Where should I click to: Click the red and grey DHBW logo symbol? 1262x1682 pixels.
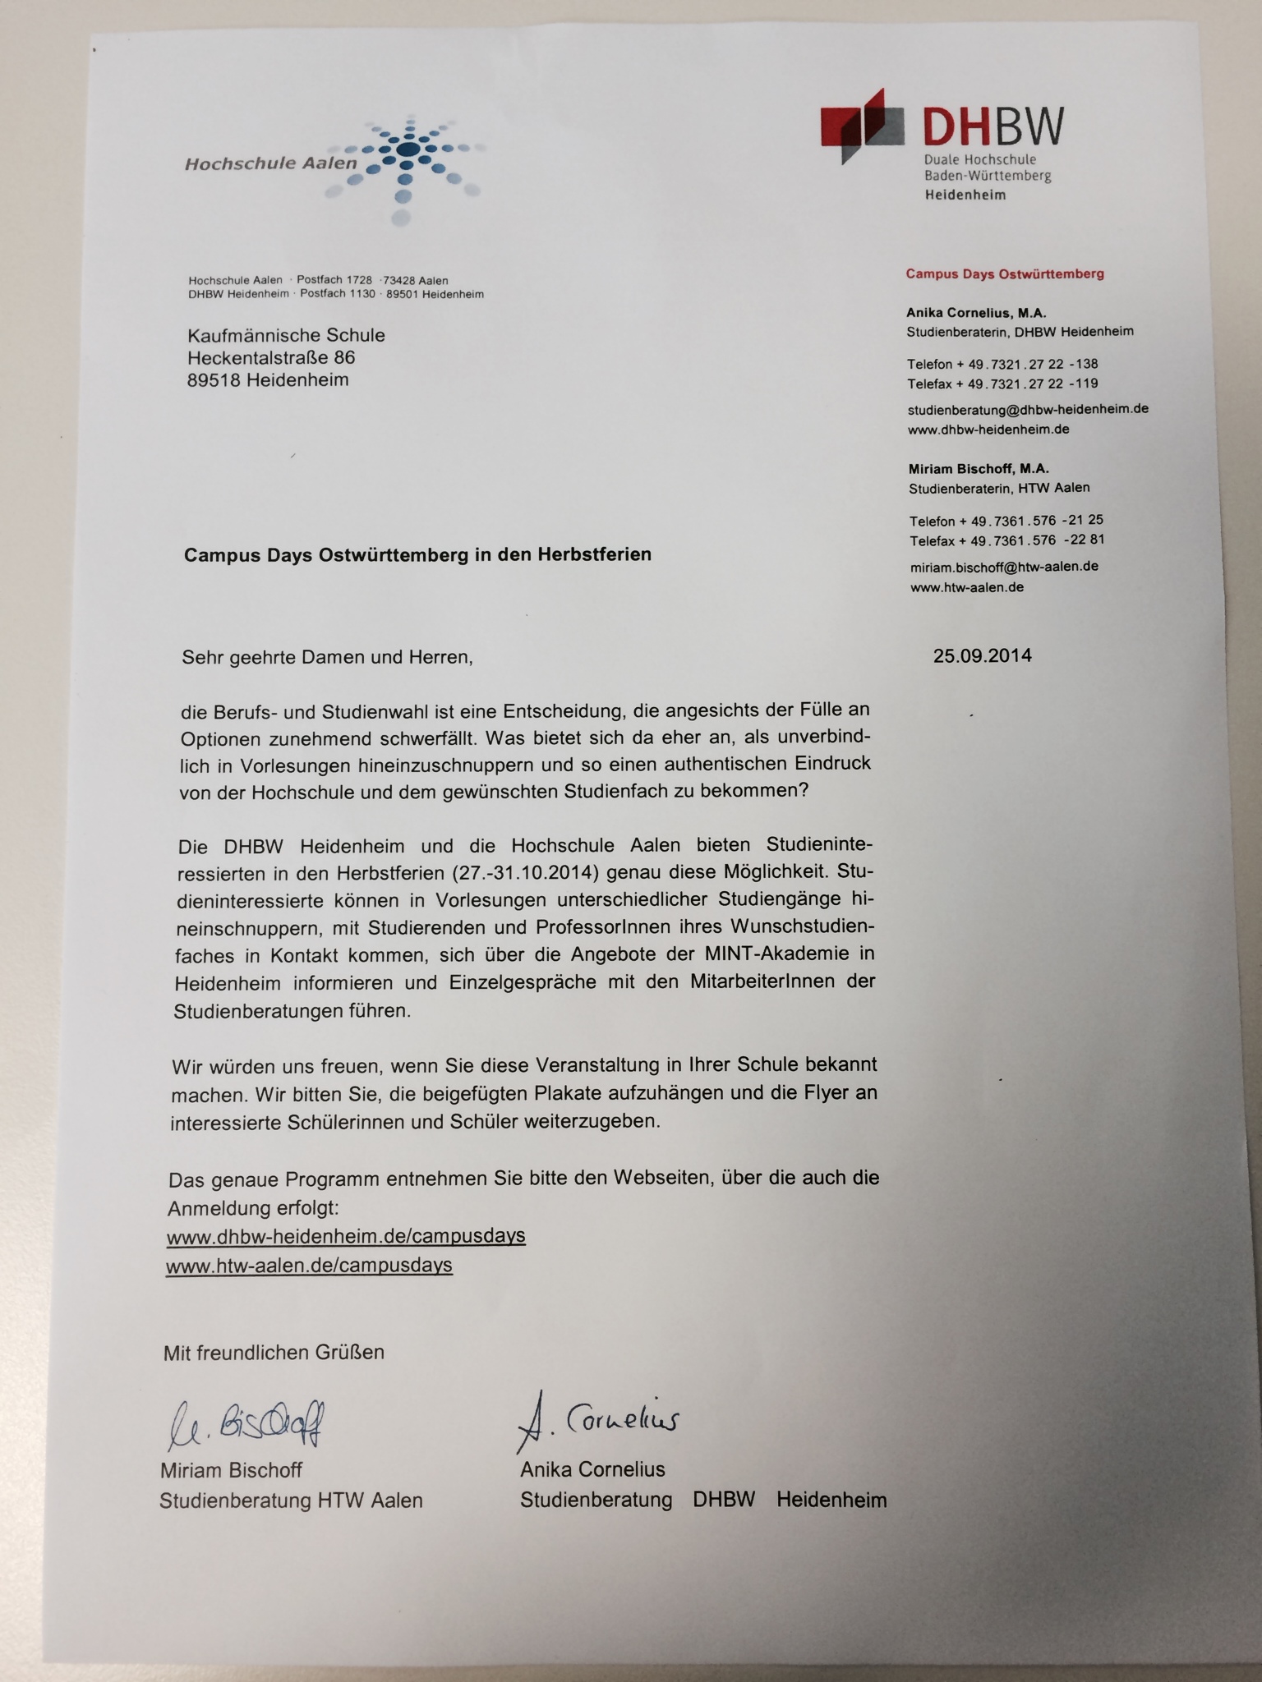[x=863, y=126]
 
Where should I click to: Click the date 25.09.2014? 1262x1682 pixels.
[x=982, y=655]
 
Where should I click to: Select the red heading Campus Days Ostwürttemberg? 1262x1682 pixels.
[x=1004, y=273]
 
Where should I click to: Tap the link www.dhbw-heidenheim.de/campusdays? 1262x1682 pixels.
[x=346, y=1236]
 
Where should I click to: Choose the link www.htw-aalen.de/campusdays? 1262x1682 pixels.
[x=309, y=1265]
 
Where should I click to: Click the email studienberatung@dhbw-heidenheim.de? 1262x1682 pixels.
[x=1027, y=408]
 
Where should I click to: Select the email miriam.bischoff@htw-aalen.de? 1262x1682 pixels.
[x=1003, y=567]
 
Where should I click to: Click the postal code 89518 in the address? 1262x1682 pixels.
[x=213, y=380]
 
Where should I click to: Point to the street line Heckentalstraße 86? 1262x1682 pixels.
[x=271, y=358]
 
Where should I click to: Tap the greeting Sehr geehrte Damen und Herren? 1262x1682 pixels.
[x=326, y=657]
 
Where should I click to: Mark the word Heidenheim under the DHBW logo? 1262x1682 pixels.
[x=965, y=195]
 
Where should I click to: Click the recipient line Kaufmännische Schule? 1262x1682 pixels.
[x=286, y=335]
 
